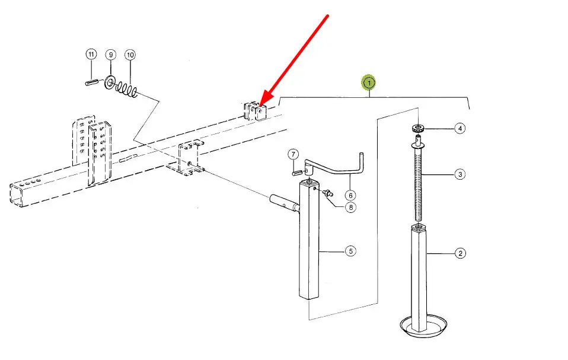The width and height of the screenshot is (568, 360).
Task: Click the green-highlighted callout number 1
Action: tap(369, 83)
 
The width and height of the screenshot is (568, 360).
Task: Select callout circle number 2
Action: tap(460, 254)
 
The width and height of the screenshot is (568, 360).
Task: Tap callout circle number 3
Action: tap(460, 174)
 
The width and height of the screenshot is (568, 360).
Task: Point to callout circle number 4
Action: tap(460, 128)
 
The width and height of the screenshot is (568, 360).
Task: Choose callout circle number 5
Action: tap(351, 251)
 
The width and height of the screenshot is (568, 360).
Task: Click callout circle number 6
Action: tap(350, 195)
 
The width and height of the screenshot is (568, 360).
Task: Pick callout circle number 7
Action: tap(293, 155)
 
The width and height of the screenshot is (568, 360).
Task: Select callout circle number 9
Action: tap(110, 55)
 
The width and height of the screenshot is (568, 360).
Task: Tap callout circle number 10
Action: tap(130, 55)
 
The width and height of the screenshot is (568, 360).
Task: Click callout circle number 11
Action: tap(91, 55)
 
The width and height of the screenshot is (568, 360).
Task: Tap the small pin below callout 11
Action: tap(92, 82)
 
